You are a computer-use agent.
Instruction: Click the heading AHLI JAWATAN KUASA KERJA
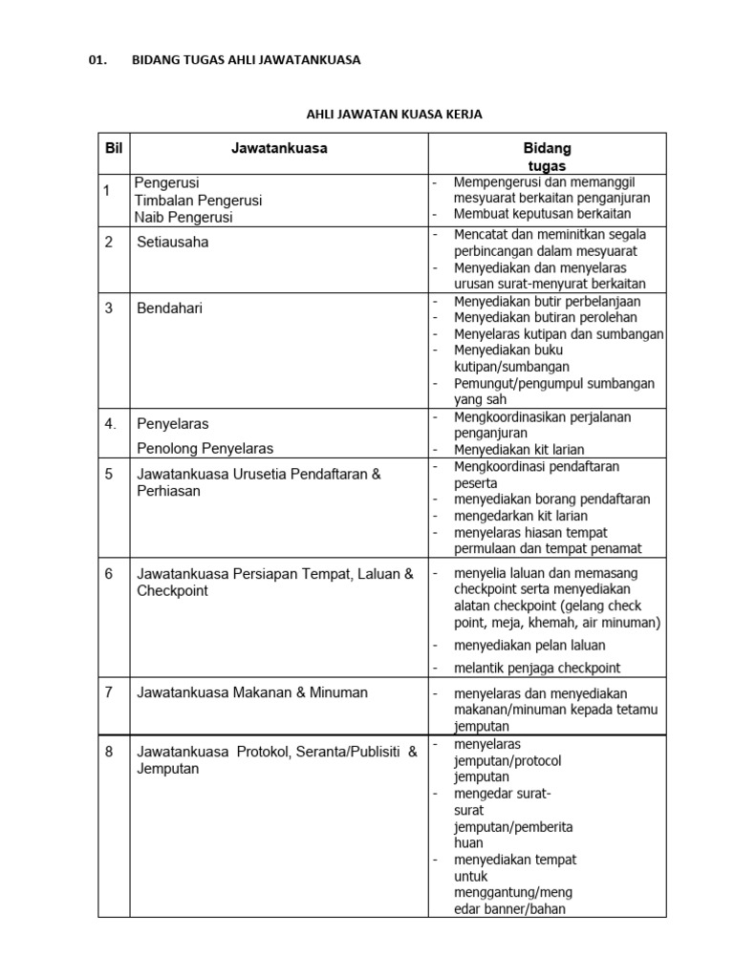[394, 115]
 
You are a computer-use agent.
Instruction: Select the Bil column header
[115, 149]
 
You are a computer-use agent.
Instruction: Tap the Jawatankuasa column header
[279, 149]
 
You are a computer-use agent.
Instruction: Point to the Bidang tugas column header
[547, 158]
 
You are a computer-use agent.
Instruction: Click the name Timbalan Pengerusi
[198, 200]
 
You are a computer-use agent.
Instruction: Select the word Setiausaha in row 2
[173, 242]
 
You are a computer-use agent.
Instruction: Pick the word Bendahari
[170, 308]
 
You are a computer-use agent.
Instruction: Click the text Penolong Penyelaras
[205, 448]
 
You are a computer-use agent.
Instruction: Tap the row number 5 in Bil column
[109, 473]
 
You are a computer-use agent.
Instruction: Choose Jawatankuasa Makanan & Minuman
[252, 692]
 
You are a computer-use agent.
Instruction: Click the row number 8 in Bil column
[109, 752]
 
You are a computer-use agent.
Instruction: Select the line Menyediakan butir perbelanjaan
[547, 301]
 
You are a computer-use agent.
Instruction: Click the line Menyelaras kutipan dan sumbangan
[558, 333]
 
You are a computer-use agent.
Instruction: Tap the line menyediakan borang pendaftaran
[551, 499]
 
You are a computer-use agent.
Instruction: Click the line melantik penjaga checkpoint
[536, 668]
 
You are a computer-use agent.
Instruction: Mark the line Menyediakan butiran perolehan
[543, 317]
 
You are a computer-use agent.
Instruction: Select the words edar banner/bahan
[509, 908]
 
